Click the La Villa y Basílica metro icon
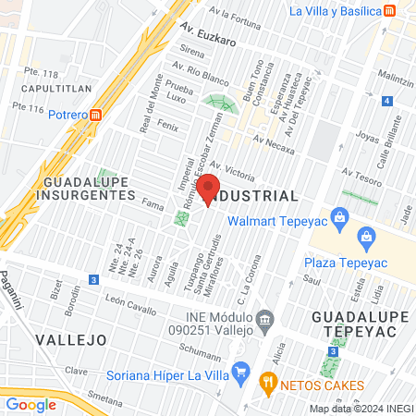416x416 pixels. tap(391, 11)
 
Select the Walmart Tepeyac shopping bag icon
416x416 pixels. tap(340, 217)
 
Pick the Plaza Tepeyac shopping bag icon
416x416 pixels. tap(367, 237)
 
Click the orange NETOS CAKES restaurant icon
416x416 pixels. tap(269, 379)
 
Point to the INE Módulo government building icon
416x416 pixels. tap(265, 322)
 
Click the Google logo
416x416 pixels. tap(31, 404)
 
